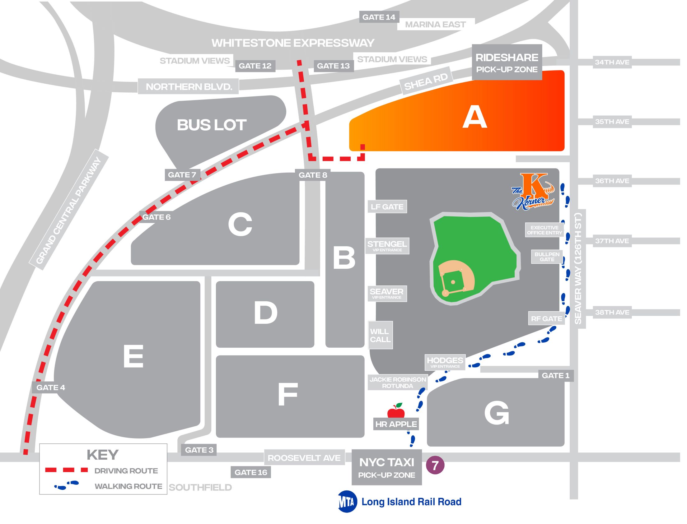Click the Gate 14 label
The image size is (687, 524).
click(378, 17)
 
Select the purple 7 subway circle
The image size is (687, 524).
click(435, 466)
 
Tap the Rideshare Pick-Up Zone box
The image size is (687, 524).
click(507, 63)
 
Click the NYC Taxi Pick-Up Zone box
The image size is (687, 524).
click(386, 467)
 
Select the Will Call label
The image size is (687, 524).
click(380, 335)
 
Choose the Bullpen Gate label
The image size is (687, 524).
click(547, 257)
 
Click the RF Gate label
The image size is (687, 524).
click(547, 318)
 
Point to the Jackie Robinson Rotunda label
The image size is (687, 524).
click(397, 383)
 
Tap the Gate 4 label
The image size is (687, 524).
click(50, 387)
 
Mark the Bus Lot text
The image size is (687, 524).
click(212, 125)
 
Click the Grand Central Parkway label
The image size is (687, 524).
click(69, 211)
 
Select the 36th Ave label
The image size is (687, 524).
click(612, 181)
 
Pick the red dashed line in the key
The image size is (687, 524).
click(67, 470)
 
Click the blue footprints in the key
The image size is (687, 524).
click(67, 485)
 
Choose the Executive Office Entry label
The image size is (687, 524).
click(544, 230)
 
